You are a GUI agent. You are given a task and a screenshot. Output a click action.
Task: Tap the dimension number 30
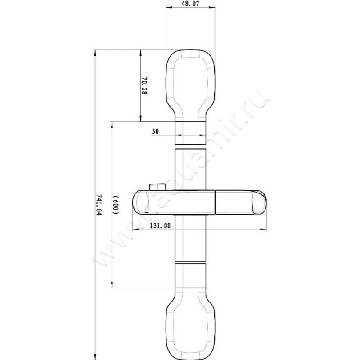click(x=155, y=131)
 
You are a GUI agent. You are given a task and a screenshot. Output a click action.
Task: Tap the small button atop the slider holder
click(x=156, y=187)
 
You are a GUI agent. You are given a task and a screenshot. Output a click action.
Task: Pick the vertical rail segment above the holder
click(x=190, y=166)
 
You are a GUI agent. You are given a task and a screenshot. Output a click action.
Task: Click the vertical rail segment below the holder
click(x=190, y=238)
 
